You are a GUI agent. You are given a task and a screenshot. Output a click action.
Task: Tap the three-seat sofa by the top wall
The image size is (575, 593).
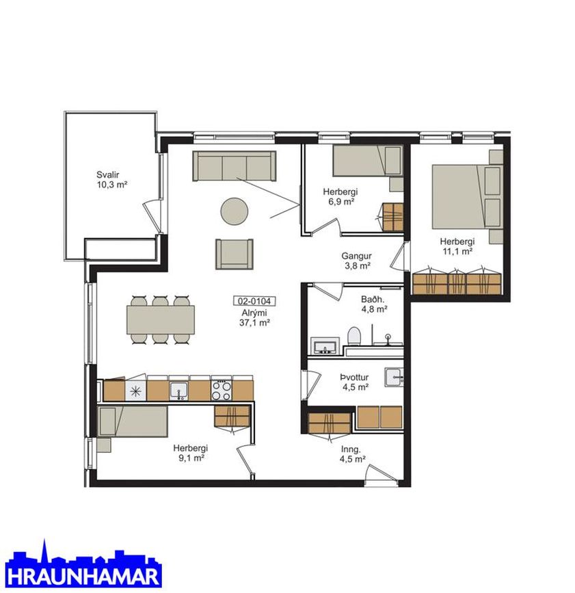pos(235,166)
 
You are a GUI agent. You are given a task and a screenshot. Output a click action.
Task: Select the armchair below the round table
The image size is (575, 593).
pos(235,254)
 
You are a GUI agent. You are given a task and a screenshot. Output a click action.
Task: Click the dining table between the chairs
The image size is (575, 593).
pos(161,320)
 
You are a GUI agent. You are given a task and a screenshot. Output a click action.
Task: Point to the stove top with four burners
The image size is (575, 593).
pos(222,391)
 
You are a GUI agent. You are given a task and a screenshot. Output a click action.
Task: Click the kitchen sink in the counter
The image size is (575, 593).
pos(178,391)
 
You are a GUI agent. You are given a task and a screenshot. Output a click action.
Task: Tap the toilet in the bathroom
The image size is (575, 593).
pos(354,336)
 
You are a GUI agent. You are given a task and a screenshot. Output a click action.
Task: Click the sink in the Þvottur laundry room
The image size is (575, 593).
pos(394,377)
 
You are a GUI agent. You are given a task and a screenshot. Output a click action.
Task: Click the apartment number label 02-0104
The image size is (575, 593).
pos(254,301)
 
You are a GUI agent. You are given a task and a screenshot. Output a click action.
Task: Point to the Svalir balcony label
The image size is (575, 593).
pos(108,174)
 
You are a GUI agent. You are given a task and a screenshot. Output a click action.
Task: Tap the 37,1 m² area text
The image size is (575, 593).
pos(254,323)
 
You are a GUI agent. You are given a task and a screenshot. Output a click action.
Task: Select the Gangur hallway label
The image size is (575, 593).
pos(356,256)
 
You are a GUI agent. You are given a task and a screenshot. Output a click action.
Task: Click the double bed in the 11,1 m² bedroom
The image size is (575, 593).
pos(466,197)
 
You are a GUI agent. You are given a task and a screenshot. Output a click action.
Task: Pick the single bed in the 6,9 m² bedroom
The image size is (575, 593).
pos(366,161)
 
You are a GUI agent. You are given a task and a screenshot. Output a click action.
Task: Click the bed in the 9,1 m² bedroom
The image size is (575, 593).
pos(133,421)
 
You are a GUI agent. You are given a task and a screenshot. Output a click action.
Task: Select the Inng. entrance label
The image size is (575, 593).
pos(351,449)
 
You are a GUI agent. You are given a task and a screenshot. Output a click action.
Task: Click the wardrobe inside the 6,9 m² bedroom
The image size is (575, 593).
pos(392,217)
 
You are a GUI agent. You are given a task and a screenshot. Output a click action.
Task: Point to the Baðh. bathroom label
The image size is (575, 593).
pos(373,300)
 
